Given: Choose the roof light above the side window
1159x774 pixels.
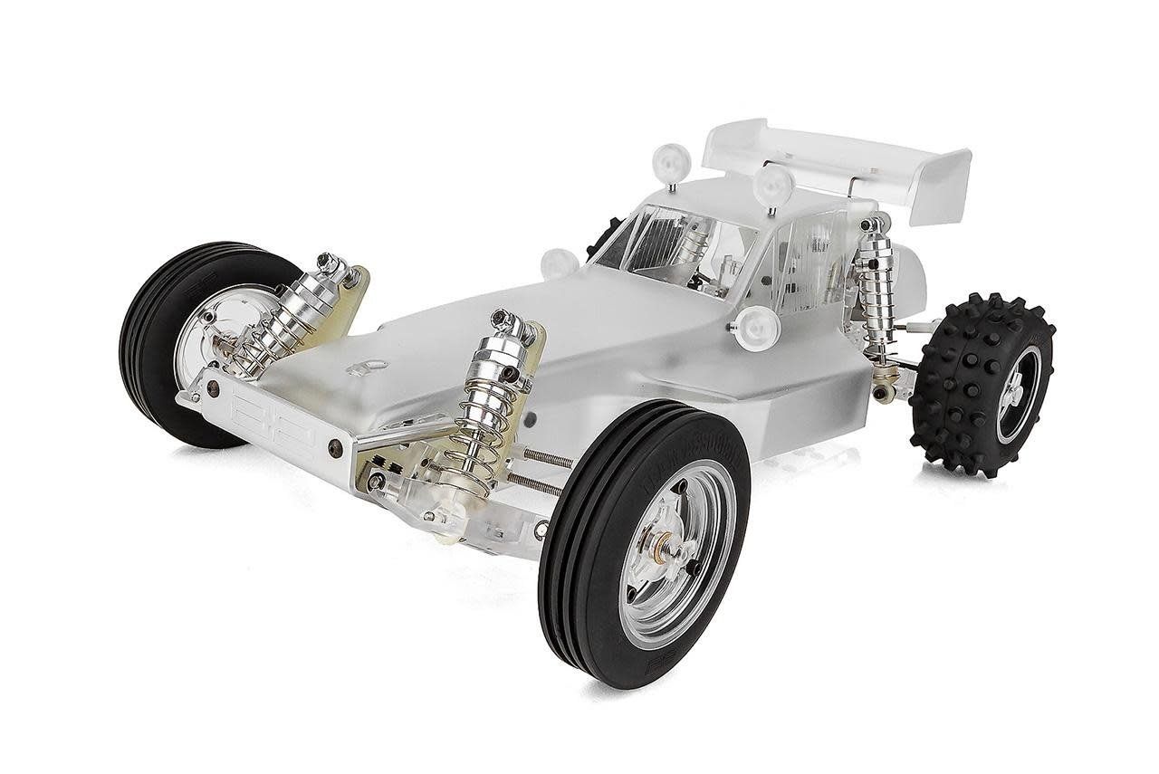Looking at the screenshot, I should click(x=772, y=185).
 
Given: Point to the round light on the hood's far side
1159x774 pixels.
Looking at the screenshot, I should click(x=560, y=263).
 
